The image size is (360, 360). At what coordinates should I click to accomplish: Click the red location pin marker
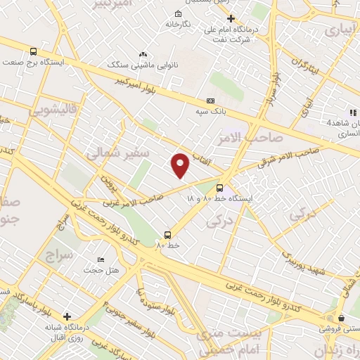181,165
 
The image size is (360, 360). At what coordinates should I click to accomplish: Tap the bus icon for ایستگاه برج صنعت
33,51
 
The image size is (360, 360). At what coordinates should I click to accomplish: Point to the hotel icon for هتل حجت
101,260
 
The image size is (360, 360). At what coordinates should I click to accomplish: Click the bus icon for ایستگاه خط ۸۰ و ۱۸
220,188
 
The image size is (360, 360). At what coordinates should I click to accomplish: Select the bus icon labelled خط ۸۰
167,235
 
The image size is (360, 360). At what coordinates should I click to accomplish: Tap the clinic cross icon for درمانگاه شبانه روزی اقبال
67,317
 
